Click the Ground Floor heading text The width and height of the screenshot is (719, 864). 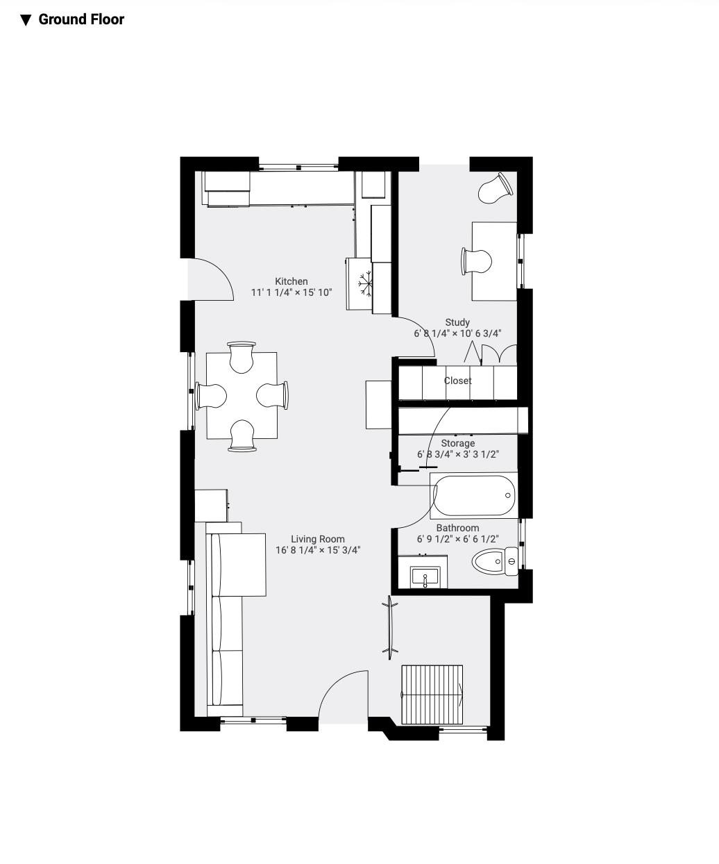tap(81, 19)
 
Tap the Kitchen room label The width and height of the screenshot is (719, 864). tap(291, 281)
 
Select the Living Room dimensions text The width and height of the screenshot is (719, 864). tap(318, 550)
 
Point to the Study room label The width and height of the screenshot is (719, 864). tap(457, 322)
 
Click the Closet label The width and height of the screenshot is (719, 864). tap(457, 381)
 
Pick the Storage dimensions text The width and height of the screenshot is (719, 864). tap(458, 454)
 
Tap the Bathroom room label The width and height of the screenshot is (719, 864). tap(457, 528)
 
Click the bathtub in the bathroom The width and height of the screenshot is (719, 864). tap(474, 495)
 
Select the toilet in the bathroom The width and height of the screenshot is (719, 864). tap(494, 561)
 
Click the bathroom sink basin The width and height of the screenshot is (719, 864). tap(425, 576)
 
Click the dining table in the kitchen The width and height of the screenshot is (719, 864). tap(242, 395)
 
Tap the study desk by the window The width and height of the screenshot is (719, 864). tap(494, 261)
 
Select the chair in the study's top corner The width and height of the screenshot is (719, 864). tap(496, 188)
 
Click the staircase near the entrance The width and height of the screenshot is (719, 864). tap(432, 695)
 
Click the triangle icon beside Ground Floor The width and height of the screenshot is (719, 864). tap(26, 20)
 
